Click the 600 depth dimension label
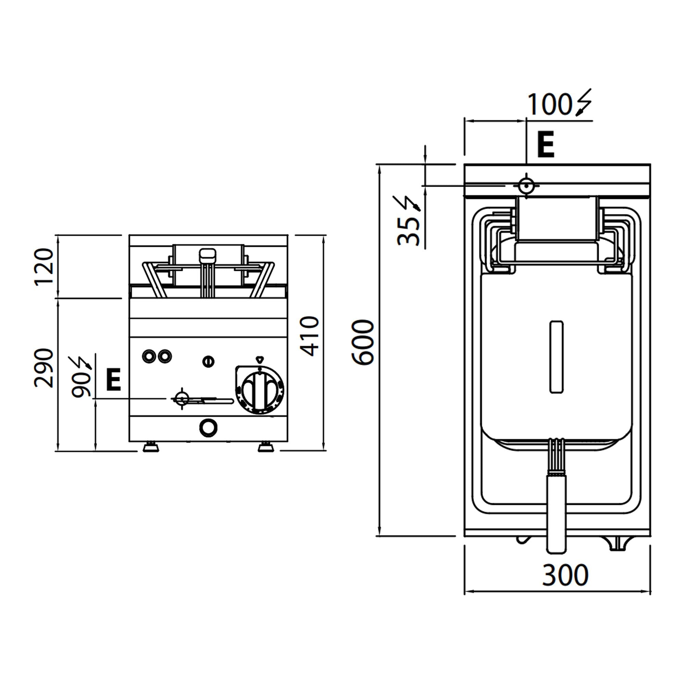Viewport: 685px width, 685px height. [x=363, y=342]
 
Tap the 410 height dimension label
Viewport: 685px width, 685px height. [x=310, y=336]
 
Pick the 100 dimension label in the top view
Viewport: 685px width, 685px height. [x=549, y=104]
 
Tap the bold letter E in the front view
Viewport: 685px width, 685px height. [x=113, y=379]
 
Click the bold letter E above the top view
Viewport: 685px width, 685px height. [x=545, y=145]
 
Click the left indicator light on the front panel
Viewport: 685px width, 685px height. [x=149, y=356]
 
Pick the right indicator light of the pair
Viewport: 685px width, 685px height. [x=164, y=356]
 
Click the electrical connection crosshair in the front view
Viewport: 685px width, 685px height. [x=182, y=399]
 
